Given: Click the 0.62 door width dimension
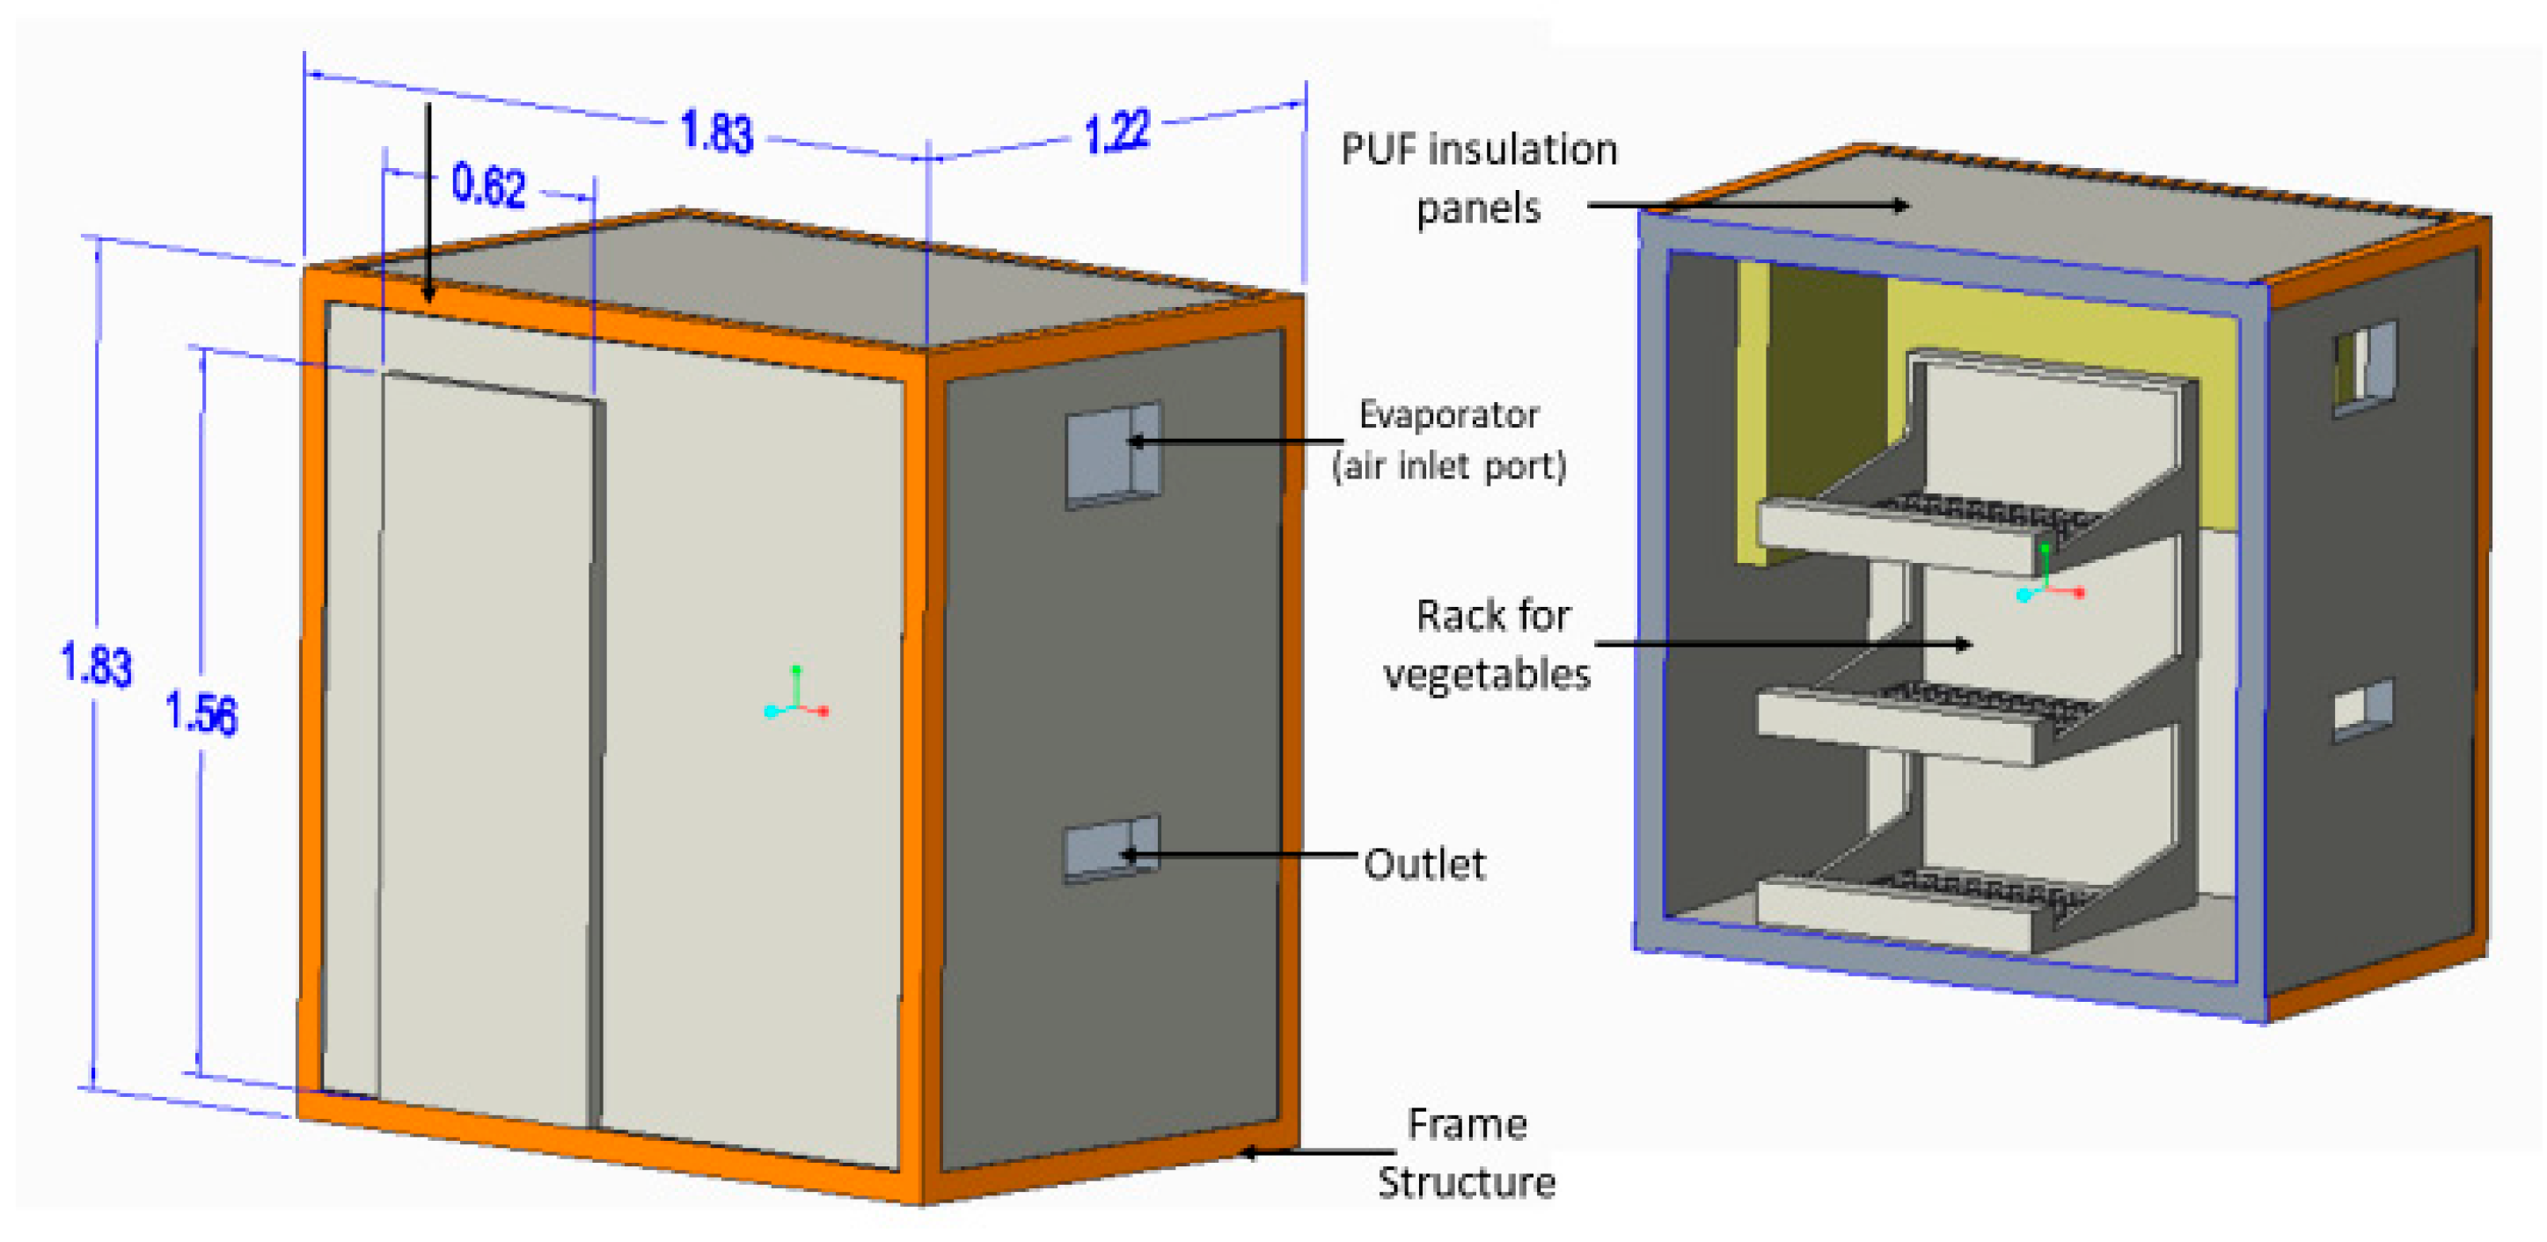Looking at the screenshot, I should pyautogui.click(x=488, y=185).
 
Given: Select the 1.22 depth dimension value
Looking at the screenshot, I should pyautogui.click(x=1117, y=132).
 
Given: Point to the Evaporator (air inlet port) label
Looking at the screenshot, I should pyautogui.click(x=1448, y=440).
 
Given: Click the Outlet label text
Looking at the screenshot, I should pyautogui.click(x=1424, y=865).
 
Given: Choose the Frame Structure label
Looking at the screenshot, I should pyautogui.click(x=1467, y=1153).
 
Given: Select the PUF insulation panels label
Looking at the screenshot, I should pyautogui.click(x=1479, y=178).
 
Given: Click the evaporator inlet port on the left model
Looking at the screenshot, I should pyautogui.click(x=1112, y=455).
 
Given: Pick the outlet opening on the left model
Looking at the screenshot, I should pyautogui.click(x=1110, y=849).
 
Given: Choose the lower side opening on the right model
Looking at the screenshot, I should pyautogui.click(x=2363, y=710).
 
